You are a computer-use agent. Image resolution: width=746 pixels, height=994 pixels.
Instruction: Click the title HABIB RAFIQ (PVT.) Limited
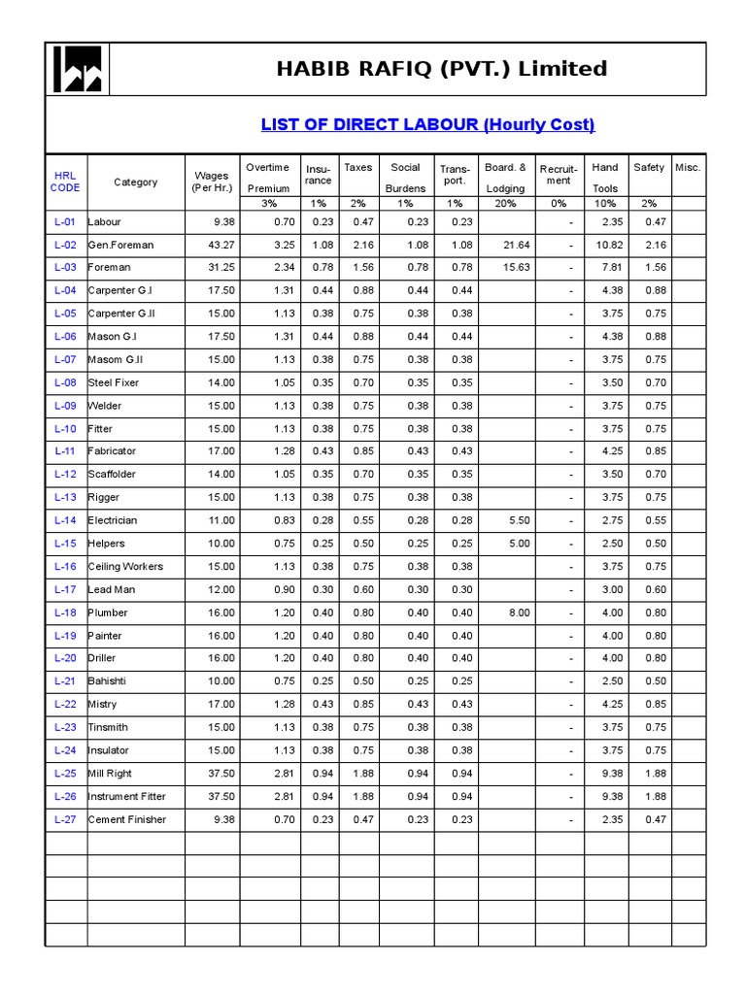[x=442, y=69]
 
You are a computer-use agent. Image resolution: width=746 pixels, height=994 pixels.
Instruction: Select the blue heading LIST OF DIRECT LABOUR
[x=427, y=124]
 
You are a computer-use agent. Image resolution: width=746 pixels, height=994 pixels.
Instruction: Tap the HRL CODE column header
[x=65, y=182]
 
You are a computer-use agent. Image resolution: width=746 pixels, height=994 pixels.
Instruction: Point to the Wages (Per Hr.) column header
[x=212, y=182]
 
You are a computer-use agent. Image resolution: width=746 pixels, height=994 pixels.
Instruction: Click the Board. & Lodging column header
[x=505, y=178]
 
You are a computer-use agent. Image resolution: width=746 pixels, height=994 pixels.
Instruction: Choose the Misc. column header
[x=688, y=167]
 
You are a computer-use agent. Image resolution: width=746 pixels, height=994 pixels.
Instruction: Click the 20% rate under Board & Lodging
[x=505, y=204]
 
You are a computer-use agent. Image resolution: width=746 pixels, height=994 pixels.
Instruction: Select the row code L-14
[x=65, y=520]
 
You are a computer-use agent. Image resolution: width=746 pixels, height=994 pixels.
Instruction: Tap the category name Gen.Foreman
[x=120, y=245]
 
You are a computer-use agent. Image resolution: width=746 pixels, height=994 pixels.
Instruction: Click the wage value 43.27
[x=221, y=245]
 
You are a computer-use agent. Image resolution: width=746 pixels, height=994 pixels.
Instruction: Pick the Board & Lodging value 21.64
[x=518, y=245]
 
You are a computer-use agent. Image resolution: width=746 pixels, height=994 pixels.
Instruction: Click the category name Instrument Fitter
[x=126, y=796]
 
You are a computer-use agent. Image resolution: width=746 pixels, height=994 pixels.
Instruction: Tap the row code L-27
[x=65, y=819]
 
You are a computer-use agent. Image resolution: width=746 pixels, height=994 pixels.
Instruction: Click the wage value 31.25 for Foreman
[x=221, y=267]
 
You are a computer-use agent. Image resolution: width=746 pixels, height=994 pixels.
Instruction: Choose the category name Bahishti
[x=108, y=681]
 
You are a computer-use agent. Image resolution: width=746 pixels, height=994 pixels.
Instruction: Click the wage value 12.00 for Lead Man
[x=221, y=589]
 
